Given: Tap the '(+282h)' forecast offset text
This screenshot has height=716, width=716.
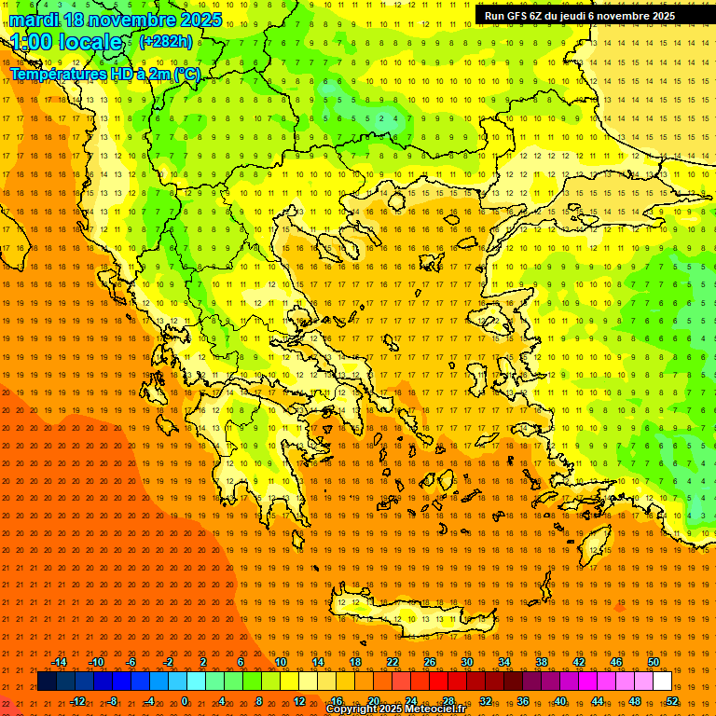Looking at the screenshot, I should click(165, 41).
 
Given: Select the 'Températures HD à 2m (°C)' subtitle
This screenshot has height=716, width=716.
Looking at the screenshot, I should click(104, 75).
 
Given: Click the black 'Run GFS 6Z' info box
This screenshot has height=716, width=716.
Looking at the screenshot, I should click(580, 15).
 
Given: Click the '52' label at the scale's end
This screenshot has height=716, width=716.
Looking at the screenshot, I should click(672, 700).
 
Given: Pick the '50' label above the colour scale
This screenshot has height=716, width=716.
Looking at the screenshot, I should click(654, 662).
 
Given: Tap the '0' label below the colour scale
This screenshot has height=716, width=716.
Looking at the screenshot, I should click(185, 700).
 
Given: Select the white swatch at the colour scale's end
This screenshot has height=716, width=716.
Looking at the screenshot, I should click(662, 682).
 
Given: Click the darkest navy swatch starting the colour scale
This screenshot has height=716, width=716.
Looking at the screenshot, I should click(47, 682).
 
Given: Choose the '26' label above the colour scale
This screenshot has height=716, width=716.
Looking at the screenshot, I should click(430, 662).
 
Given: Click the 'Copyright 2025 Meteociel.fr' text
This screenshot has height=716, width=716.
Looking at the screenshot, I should click(396, 709).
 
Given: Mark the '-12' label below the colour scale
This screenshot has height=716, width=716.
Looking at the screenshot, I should click(77, 700).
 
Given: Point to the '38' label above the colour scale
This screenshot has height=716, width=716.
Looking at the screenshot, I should click(542, 662).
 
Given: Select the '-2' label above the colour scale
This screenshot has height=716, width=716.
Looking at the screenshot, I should click(168, 662).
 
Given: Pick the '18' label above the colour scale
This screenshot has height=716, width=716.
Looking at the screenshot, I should click(355, 662).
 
